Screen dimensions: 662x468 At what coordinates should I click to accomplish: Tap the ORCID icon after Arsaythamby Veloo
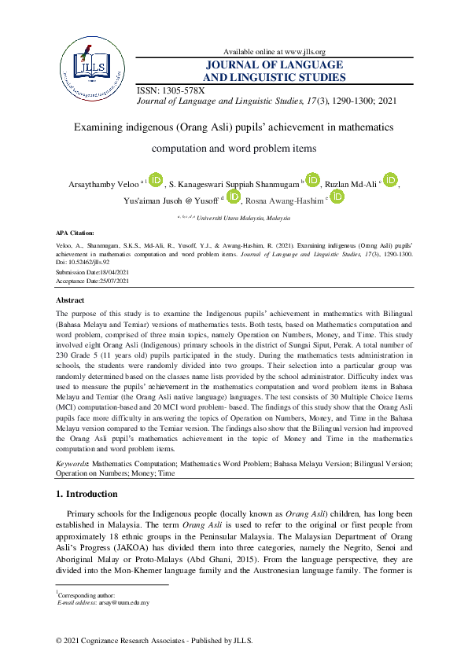155,181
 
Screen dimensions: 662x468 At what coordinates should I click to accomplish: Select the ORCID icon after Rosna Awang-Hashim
337,197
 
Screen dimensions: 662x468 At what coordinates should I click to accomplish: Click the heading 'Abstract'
70,300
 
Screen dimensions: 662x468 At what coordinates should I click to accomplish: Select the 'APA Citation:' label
75,234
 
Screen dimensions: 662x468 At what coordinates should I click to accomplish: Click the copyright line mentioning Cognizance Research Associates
154,642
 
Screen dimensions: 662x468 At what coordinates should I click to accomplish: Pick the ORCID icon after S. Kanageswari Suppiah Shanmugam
312,181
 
